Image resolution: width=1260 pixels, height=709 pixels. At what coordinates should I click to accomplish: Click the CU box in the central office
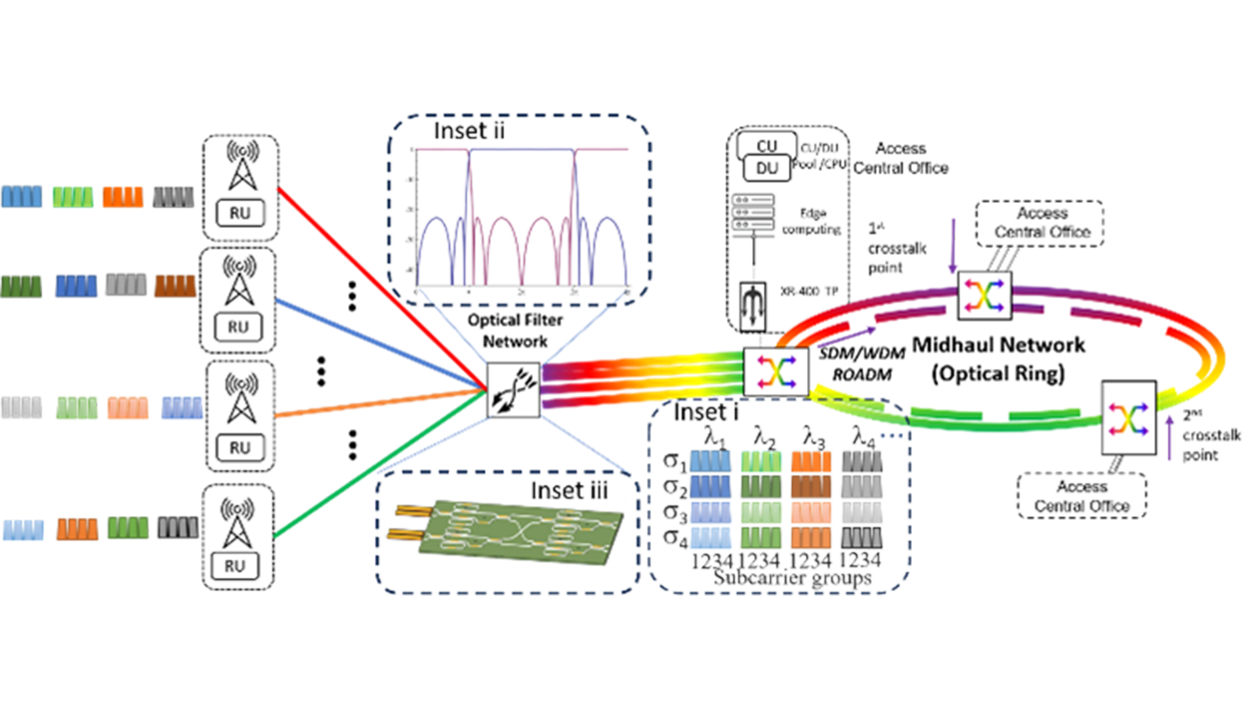(766, 146)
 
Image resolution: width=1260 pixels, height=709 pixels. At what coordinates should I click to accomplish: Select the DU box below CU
(766, 169)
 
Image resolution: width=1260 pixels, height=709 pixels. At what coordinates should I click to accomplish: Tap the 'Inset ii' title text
(469, 131)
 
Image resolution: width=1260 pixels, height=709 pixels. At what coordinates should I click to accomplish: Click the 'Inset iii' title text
(569, 490)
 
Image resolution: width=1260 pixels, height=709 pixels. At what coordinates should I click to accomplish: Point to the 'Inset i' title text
(705, 412)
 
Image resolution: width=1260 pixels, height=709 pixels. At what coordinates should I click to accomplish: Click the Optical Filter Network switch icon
(513, 390)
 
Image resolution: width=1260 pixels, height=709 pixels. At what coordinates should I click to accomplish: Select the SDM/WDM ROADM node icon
(776, 372)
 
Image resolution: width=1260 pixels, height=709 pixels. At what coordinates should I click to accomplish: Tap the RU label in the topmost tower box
(240, 213)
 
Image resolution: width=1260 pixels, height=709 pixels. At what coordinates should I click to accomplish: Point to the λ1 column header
(714, 436)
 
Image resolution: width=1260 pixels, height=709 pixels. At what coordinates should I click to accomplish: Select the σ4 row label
(675, 538)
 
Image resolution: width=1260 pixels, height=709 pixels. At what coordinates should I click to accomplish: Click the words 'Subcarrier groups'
(792, 578)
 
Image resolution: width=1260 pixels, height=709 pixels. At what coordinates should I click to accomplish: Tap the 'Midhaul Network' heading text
(998, 345)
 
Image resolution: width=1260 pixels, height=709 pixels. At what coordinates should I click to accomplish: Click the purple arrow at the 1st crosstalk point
(953, 246)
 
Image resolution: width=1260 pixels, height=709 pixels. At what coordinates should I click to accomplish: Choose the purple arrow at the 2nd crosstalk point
(1169, 438)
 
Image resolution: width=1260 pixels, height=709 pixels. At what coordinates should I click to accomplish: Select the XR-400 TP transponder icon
(753, 306)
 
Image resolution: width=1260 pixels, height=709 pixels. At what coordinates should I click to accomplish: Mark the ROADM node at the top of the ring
(984, 295)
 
